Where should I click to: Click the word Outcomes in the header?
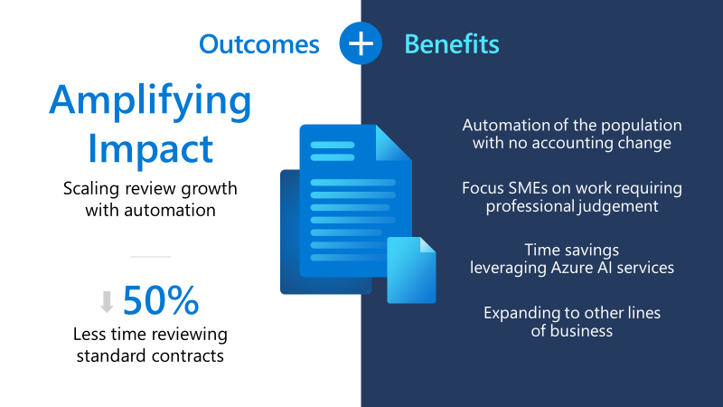pos(259,43)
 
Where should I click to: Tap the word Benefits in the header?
pos(451,43)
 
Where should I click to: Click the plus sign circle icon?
pos(361,43)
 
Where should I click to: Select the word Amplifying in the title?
pos(150,102)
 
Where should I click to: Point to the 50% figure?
pos(160,300)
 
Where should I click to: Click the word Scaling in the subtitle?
pos(94,189)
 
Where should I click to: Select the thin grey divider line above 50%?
pos(150,257)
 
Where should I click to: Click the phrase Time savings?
pos(571,250)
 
